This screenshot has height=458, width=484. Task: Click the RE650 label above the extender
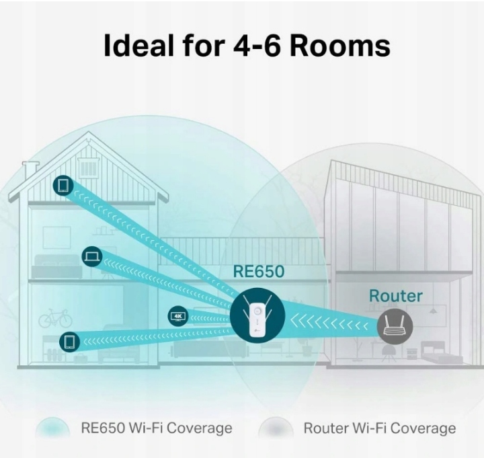coord(258,272)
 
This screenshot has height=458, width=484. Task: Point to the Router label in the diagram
coord(396,296)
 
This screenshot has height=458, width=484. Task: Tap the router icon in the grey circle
coord(395,326)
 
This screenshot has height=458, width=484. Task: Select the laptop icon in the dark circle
coord(92,256)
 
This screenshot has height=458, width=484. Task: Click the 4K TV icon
coord(178,315)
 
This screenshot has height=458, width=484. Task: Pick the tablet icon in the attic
coord(63,186)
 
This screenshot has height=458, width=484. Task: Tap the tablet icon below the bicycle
coord(69,342)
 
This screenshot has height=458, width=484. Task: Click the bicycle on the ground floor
coord(55,318)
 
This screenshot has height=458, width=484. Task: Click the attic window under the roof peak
coord(88,165)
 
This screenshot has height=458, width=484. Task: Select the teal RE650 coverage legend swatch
coord(52,428)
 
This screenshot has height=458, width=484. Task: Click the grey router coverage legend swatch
coord(276,428)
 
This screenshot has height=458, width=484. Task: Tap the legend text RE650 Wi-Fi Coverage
coord(156,428)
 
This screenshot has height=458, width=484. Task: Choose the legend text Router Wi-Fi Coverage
coord(379,428)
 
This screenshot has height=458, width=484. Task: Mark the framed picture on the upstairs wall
coord(56,237)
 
